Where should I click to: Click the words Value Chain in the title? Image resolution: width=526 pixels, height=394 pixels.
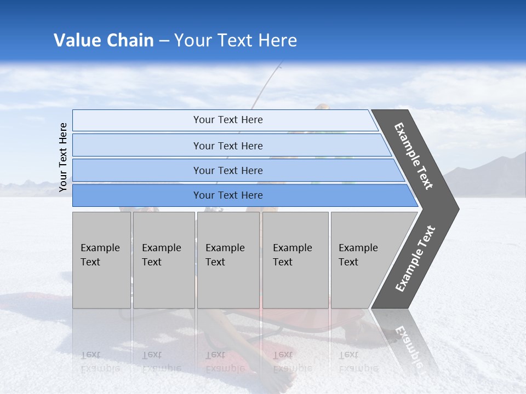104,40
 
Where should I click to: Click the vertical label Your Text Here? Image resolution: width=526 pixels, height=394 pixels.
63,157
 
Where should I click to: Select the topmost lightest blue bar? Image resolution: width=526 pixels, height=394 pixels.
137,120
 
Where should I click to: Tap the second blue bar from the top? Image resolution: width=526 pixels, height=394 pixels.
137,146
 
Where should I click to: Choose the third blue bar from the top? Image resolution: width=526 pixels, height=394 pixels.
137,171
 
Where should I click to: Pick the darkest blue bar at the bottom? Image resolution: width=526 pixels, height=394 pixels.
137,195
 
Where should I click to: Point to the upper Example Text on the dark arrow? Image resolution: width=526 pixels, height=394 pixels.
414,156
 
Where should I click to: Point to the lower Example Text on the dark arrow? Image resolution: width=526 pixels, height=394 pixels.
415,259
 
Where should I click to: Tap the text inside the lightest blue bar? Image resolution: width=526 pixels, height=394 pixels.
228,120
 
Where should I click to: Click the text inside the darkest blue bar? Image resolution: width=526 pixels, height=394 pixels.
228,195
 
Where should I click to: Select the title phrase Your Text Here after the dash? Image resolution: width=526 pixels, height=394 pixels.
236,40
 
